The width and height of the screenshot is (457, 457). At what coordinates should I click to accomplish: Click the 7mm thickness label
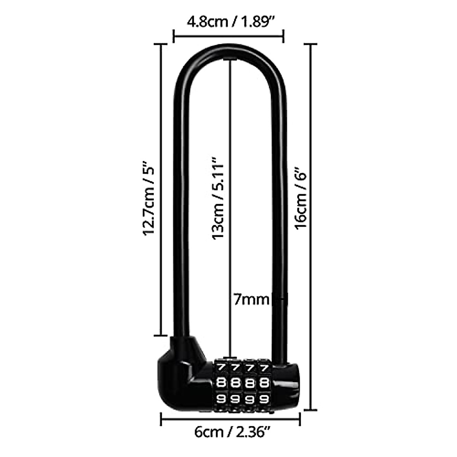coord(251,300)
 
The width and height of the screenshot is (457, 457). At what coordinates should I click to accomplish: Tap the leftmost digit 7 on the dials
coord(222,368)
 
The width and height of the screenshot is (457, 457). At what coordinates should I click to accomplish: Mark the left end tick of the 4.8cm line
coord(174,37)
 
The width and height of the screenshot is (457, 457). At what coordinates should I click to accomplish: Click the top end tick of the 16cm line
coord(311,44)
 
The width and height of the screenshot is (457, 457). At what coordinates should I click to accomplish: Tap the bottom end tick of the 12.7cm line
coord(161,336)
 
